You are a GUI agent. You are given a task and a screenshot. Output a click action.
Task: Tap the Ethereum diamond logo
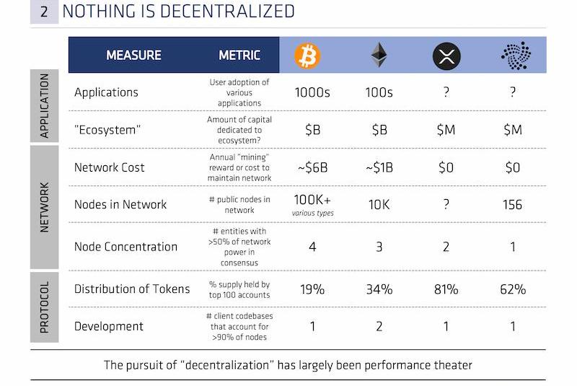pos(379,55)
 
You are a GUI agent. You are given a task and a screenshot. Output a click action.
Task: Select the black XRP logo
pos(446,56)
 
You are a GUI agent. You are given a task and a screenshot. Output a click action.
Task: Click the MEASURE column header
pos(133,55)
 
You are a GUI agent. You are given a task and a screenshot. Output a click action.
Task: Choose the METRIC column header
pos(239,55)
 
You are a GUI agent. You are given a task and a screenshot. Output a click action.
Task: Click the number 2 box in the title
pos(44,11)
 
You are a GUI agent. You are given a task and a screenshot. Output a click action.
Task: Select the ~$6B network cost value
pos(312,167)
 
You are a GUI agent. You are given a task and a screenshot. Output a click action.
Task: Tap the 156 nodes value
pos(513,204)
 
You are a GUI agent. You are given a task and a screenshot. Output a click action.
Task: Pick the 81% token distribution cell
pos(446,289)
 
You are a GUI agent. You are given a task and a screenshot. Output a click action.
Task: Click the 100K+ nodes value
pos(312,200)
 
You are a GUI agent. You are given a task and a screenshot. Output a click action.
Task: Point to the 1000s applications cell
pos(312,92)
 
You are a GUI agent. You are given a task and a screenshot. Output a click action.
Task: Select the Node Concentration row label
pos(125,247)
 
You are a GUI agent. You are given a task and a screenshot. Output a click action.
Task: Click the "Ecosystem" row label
pos(108,130)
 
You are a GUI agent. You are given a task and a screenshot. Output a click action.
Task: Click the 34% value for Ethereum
pos(379,289)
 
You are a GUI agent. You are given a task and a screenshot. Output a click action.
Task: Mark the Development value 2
pos(379,326)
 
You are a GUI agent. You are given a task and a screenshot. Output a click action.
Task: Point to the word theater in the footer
pos(452,364)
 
